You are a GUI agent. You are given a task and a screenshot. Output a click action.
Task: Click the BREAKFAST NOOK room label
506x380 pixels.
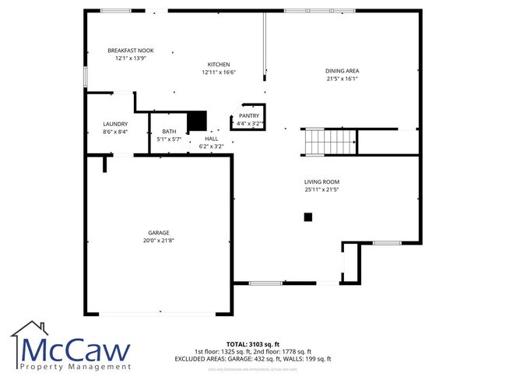coord(130,51)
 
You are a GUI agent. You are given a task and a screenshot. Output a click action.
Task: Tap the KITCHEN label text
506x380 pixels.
coord(219,64)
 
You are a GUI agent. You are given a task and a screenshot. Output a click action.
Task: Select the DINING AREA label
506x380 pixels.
coord(342,71)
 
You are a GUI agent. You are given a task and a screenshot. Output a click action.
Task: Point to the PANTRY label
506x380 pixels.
coord(249,116)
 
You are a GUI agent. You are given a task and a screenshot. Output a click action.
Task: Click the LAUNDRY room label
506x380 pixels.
coord(115,124)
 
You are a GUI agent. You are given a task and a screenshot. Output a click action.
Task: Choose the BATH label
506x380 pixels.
coord(169,132)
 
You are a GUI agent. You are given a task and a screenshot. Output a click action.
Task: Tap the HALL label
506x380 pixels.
coord(211,139)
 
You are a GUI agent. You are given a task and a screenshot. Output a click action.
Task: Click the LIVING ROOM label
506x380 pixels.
coord(322,181)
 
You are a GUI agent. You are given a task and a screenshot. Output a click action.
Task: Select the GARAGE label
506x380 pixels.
coord(159,233)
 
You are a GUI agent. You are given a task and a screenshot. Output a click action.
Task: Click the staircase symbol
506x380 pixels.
coord(318,142)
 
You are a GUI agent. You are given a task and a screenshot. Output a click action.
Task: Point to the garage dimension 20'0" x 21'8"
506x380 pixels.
coord(159,241)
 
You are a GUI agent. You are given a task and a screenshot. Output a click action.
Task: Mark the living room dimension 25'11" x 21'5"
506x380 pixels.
coord(322,189)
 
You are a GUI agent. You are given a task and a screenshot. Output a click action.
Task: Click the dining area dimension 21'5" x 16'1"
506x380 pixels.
coord(342,79)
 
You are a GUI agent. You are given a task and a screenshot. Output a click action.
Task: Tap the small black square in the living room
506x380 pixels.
coord(308,217)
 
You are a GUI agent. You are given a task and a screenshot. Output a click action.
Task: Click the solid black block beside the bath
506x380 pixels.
coord(199,121)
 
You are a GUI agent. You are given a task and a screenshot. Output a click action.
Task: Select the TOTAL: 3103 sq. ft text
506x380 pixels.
coord(253,343)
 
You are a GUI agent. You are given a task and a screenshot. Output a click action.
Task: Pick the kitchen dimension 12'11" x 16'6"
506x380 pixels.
coord(219,72)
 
